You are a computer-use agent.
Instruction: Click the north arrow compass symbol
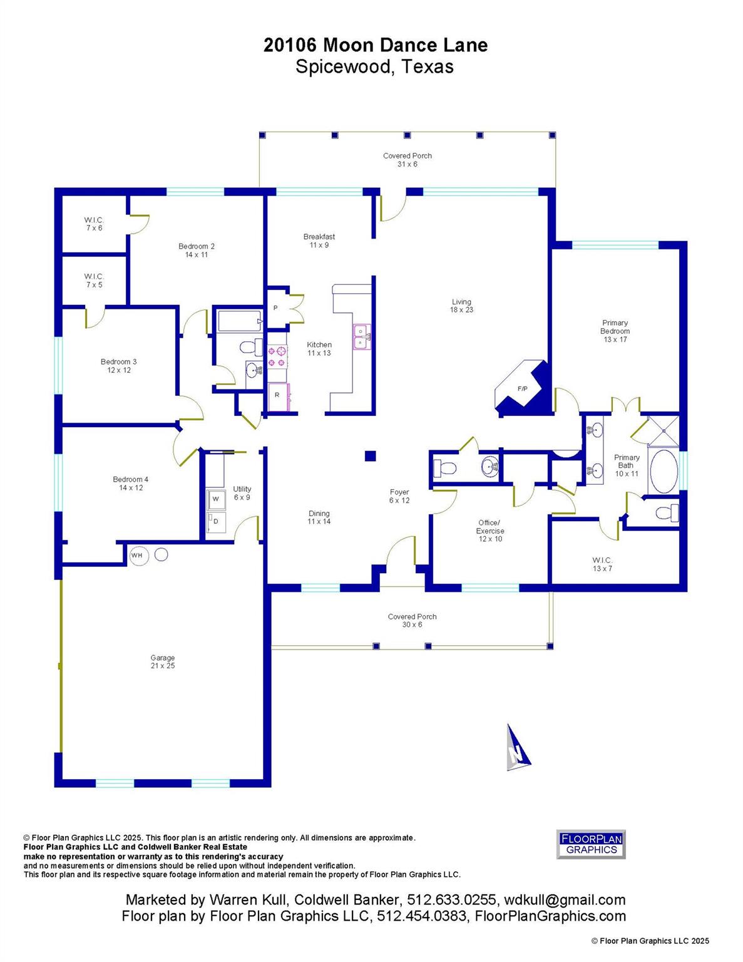[517, 748]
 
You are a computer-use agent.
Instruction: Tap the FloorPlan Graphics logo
[591, 844]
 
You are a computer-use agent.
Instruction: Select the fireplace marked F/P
[522, 389]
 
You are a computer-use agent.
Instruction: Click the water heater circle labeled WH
[136, 555]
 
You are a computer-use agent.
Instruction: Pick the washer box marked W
[216, 499]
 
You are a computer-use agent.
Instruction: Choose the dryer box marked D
[216, 521]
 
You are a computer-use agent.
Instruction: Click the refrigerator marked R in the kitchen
[277, 395]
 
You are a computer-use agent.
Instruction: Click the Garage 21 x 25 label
[162, 661]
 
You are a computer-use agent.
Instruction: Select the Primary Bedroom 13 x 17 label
[615, 331]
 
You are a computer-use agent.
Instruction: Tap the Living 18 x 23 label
[461, 306]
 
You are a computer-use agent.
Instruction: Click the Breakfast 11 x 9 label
[319, 240]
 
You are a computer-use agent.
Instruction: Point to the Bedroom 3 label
[118, 365]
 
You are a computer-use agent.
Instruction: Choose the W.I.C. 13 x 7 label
[602, 564]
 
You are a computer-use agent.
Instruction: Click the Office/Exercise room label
[489, 530]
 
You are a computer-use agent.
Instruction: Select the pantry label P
[275, 308]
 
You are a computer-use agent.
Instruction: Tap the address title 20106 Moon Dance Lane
[375, 45]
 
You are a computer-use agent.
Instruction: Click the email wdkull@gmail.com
[563, 900]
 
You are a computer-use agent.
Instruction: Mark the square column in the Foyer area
[371, 456]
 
